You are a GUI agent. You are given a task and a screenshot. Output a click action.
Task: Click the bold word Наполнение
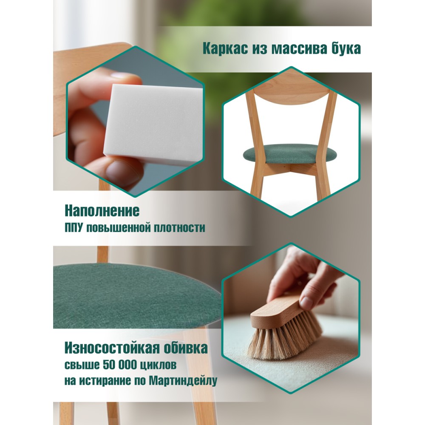tap(102, 211)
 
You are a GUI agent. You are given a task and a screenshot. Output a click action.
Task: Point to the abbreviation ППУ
tap(73, 227)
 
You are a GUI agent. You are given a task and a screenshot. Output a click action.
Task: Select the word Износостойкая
tap(112, 348)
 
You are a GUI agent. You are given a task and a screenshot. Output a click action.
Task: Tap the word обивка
tap(186, 348)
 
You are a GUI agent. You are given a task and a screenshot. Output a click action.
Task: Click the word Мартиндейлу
tap(183, 381)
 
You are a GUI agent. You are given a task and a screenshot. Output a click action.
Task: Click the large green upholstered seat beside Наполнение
tap(136, 296)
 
